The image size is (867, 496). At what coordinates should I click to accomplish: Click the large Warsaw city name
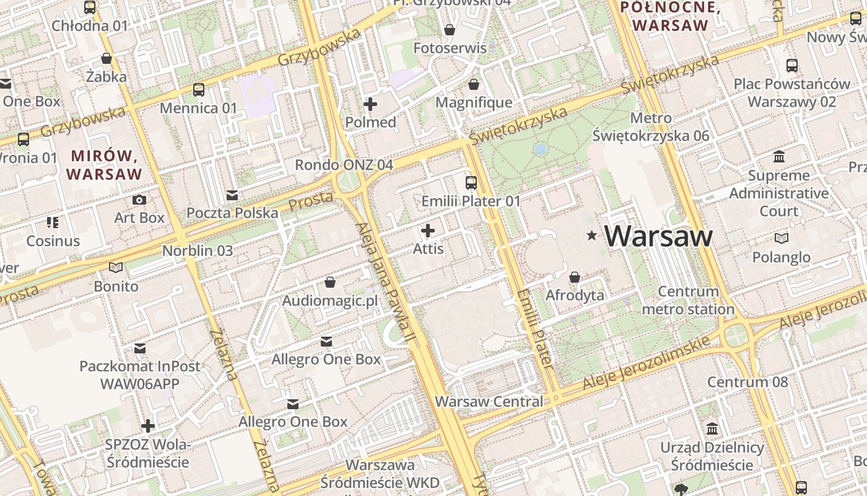click(658, 236)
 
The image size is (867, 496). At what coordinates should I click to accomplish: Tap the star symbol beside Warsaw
click(592, 236)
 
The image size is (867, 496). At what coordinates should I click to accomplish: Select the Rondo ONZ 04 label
click(344, 165)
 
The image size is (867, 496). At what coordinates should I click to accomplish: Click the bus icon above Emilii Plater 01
click(471, 182)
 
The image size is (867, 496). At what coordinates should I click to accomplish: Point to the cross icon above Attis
click(428, 231)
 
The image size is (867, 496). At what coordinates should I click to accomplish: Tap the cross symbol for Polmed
click(370, 104)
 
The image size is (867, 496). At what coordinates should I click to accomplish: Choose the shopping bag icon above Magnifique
click(474, 84)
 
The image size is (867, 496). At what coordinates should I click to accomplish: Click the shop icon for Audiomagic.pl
click(330, 283)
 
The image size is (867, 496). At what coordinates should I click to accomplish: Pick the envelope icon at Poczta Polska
click(232, 195)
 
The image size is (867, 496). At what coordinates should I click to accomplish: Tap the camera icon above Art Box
click(139, 200)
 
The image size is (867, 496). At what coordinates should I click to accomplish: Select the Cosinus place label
click(53, 241)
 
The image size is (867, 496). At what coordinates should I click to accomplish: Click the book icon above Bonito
click(116, 268)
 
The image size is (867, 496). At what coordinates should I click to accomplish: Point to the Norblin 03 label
click(198, 250)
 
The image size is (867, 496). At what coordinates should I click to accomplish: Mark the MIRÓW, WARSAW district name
click(104, 164)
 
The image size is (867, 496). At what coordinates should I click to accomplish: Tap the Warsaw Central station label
click(489, 401)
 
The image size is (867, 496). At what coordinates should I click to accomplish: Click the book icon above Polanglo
click(782, 238)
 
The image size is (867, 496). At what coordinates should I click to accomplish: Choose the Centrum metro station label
click(688, 300)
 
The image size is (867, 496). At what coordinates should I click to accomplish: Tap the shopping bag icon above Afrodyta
click(575, 277)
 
